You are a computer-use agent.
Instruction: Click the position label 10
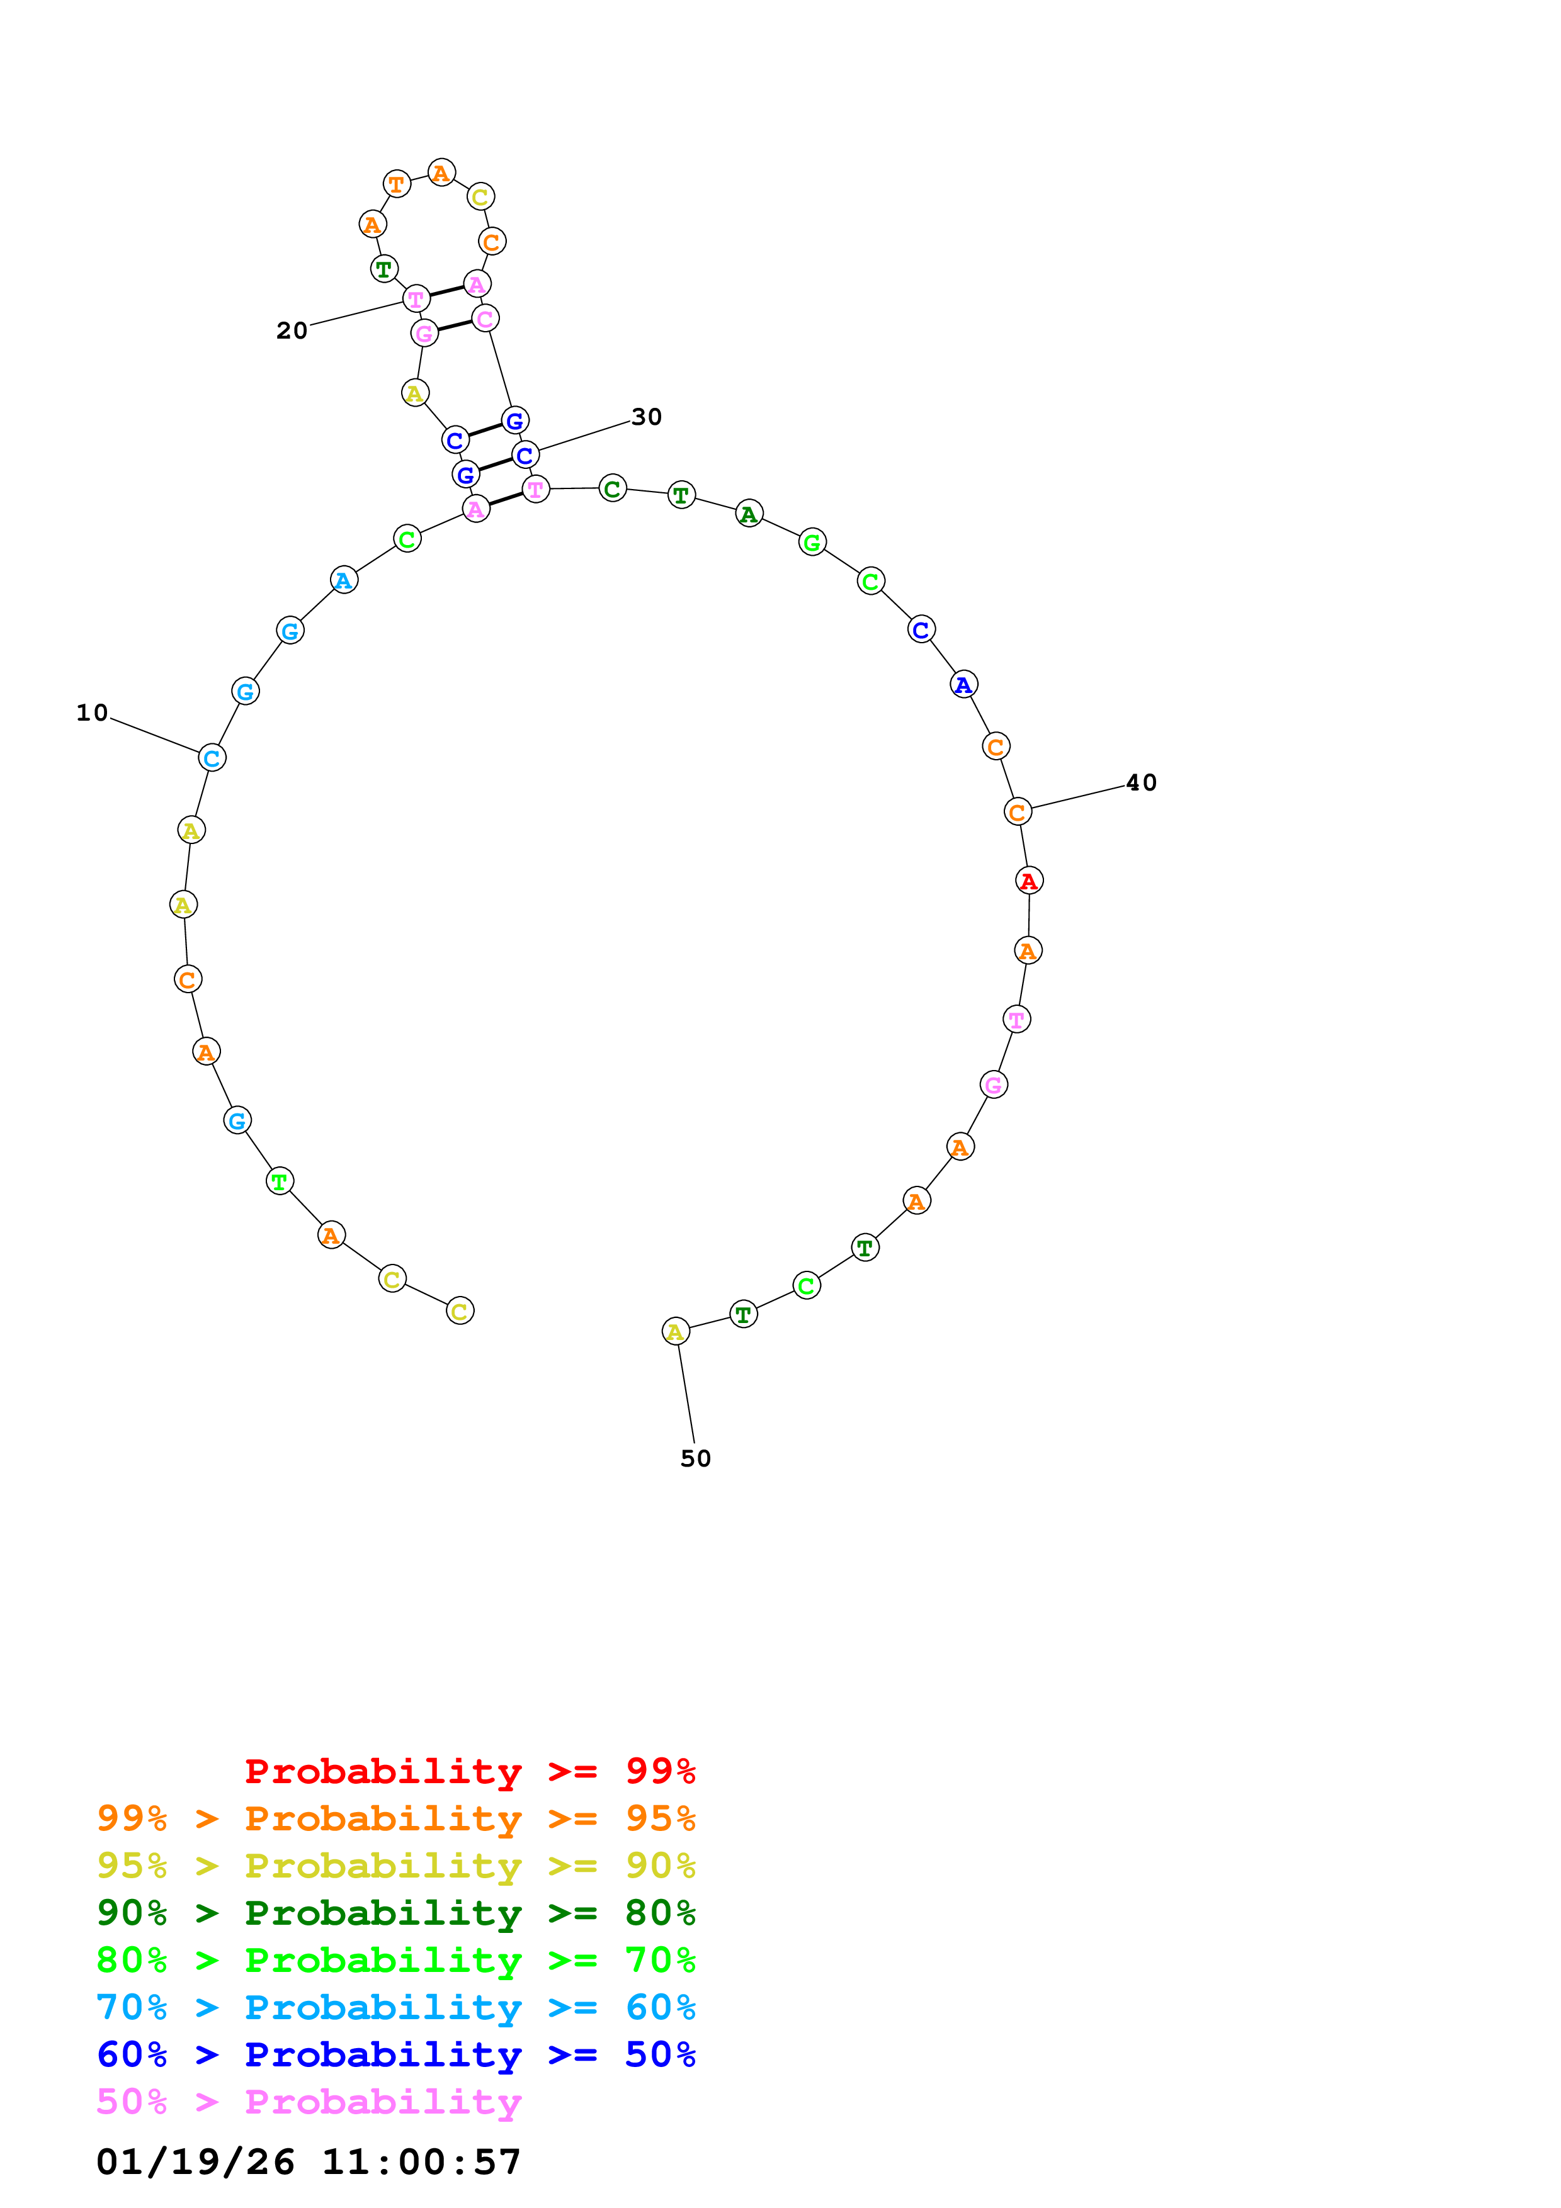[x=93, y=713]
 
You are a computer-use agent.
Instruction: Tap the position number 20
[x=292, y=331]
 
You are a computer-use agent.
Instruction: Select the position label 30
[x=646, y=417]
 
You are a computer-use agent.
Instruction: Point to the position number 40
[x=1141, y=783]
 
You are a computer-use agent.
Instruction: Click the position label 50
[x=695, y=1459]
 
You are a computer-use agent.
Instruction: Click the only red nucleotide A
[x=1029, y=881]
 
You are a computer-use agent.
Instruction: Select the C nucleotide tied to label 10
[x=212, y=758]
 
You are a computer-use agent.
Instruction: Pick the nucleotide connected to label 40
[x=1018, y=812]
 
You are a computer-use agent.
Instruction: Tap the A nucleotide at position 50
[x=676, y=1332]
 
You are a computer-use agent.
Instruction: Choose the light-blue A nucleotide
[x=343, y=580]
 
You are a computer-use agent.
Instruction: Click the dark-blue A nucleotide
[x=963, y=685]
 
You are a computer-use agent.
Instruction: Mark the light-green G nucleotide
[x=813, y=543]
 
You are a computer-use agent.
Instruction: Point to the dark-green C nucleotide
[x=613, y=488]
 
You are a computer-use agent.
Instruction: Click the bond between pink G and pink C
[x=454, y=326]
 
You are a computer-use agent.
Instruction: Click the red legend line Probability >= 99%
[x=469, y=1771]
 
